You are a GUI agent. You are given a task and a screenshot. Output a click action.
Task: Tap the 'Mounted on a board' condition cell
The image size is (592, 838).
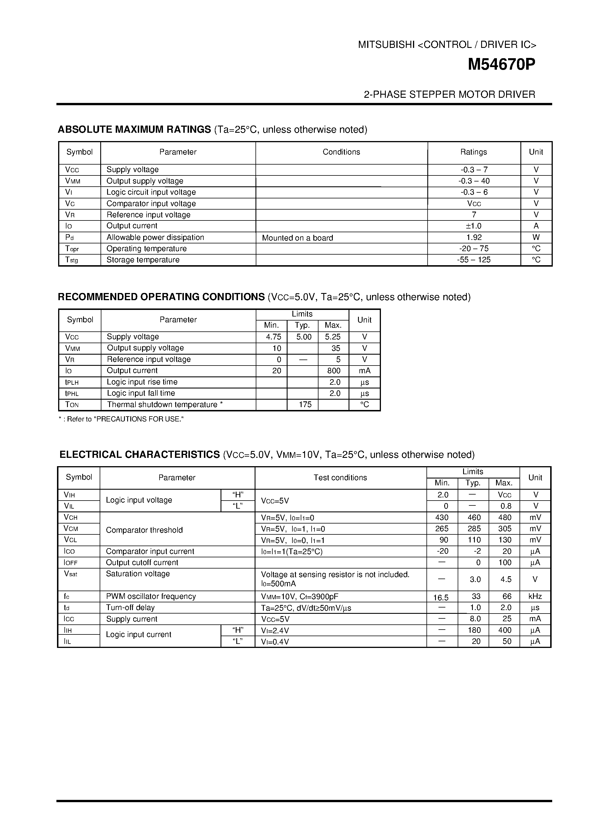click(298, 238)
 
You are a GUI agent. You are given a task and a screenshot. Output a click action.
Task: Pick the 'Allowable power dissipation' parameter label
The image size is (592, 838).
click(155, 237)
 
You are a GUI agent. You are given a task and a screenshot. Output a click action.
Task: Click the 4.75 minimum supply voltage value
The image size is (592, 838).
click(274, 337)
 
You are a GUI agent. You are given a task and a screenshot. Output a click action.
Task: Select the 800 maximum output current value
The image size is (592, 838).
click(334, 371)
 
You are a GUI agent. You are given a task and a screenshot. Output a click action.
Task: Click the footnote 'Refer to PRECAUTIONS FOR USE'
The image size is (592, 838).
click(121, 419)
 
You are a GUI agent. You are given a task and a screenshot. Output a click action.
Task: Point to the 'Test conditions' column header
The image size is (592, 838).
click(340, 477)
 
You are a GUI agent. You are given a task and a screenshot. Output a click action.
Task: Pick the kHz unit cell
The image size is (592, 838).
click(535, 596)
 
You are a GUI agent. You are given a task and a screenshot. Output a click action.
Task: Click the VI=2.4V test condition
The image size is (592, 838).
click(275, 630)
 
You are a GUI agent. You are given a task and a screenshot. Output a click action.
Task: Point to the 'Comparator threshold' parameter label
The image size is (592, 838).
click(144, 530)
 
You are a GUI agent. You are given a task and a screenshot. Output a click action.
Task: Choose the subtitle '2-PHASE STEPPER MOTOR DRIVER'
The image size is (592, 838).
click(449, 95)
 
